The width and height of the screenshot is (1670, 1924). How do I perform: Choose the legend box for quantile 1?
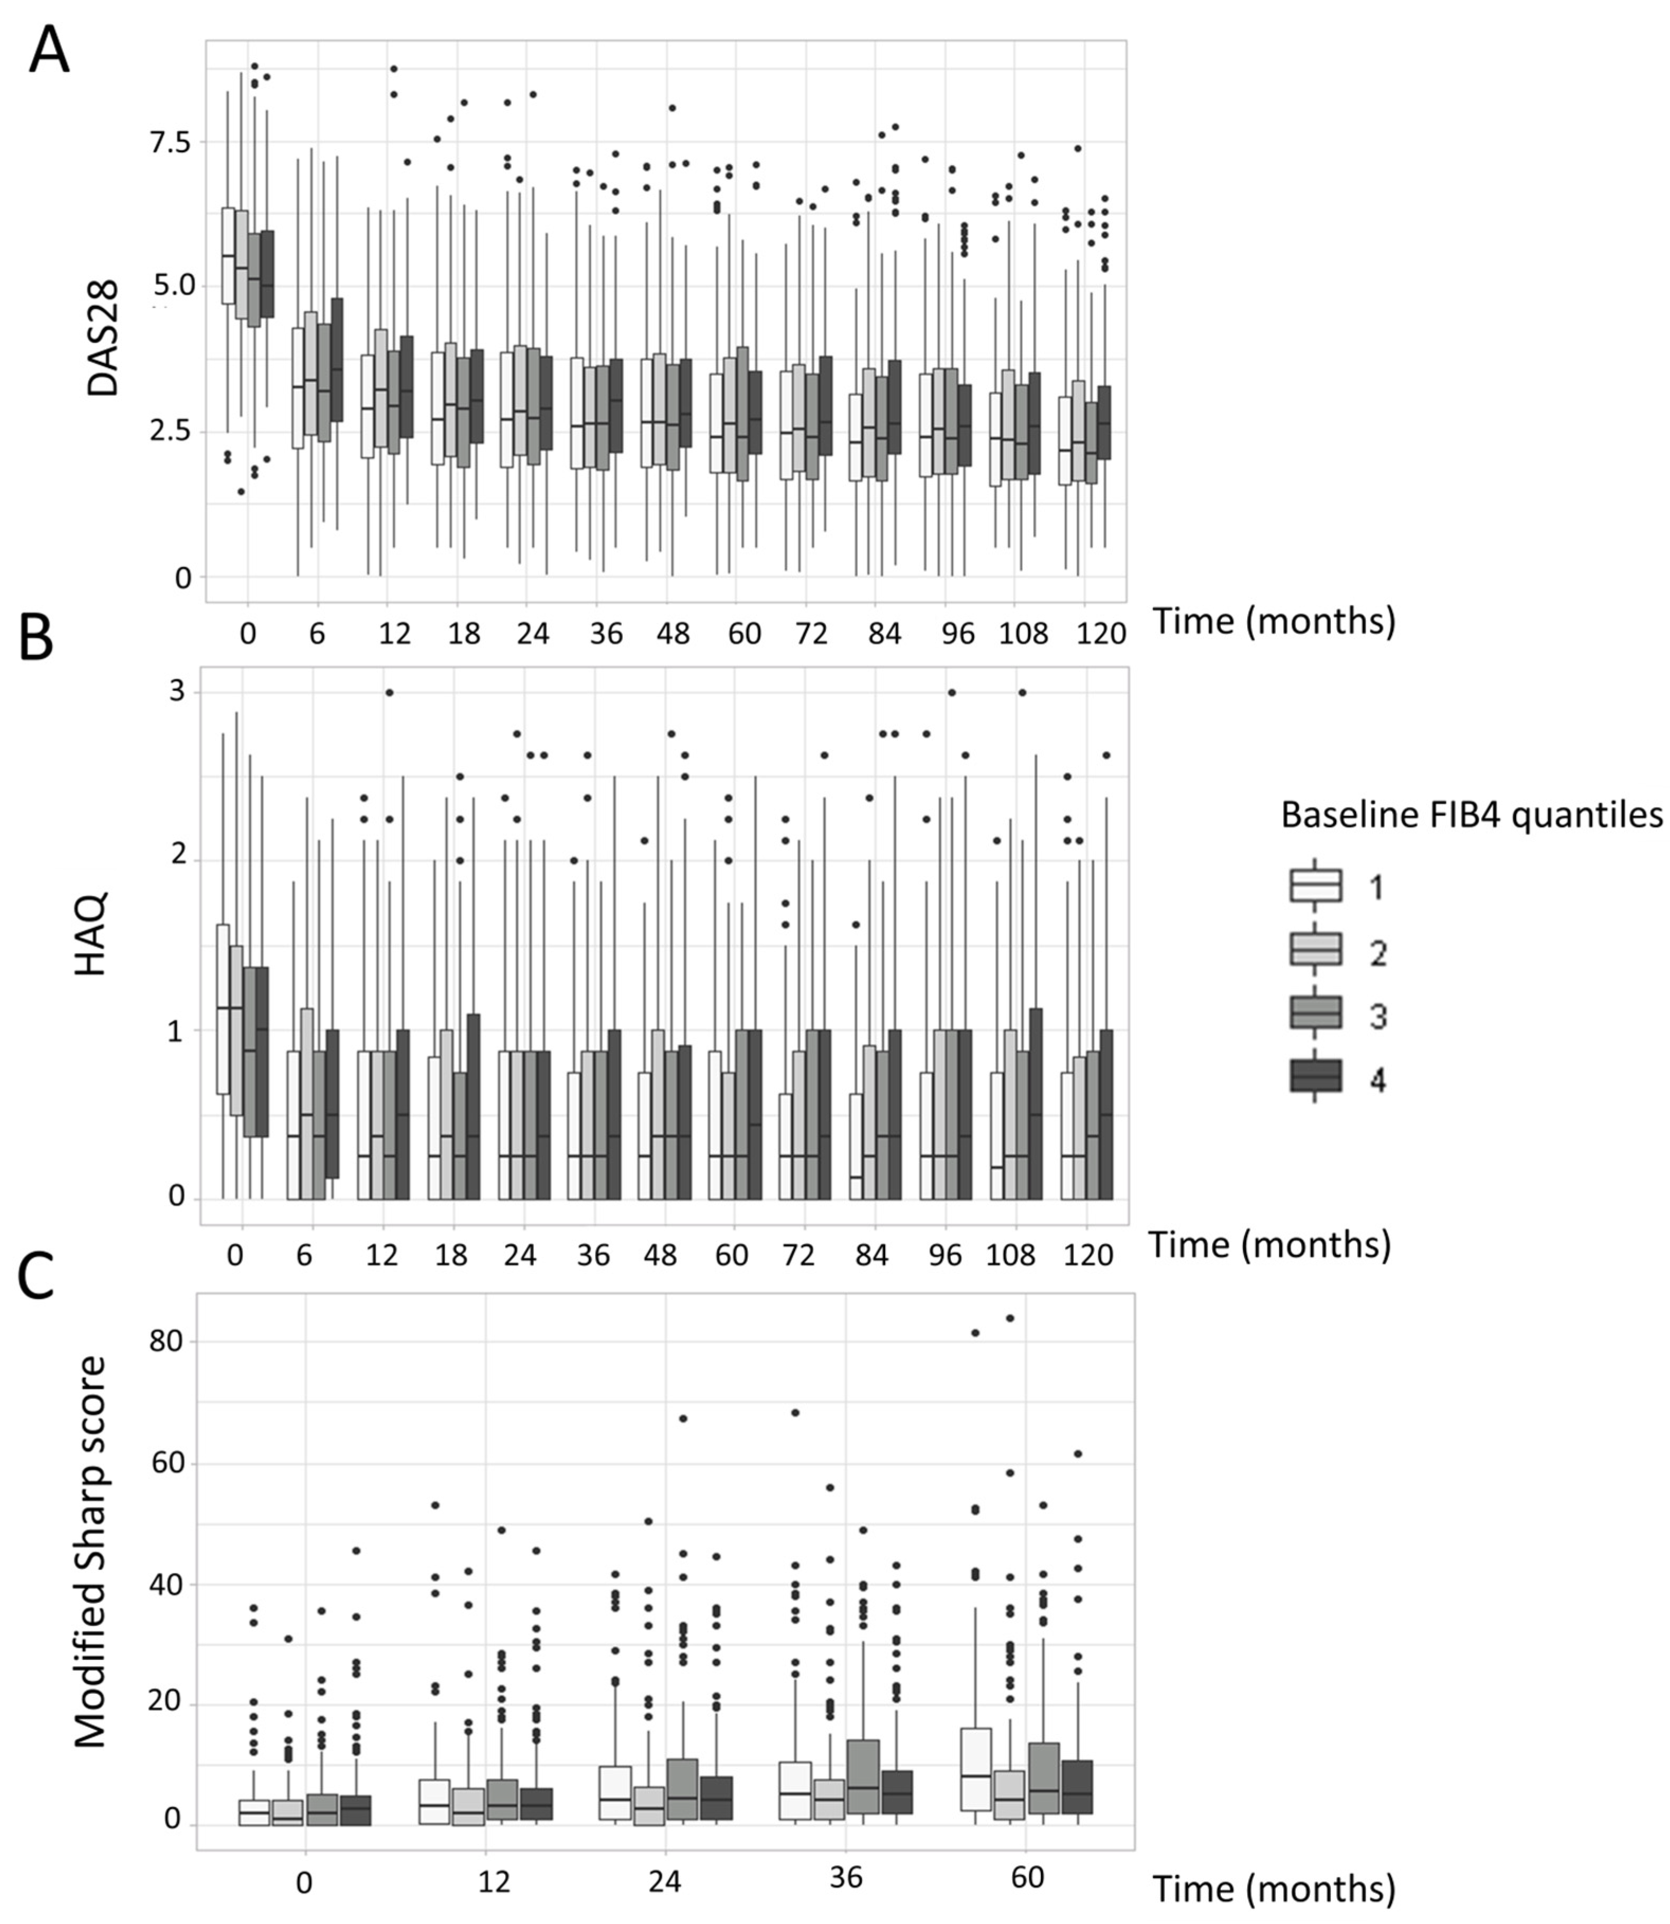tap(1315, 885)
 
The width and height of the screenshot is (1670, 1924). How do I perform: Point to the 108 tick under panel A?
tap(1023, 633)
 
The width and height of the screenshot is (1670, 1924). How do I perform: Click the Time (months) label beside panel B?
tap(1269, 1244)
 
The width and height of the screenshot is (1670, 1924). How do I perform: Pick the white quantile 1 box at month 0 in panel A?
tap(228, 255)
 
